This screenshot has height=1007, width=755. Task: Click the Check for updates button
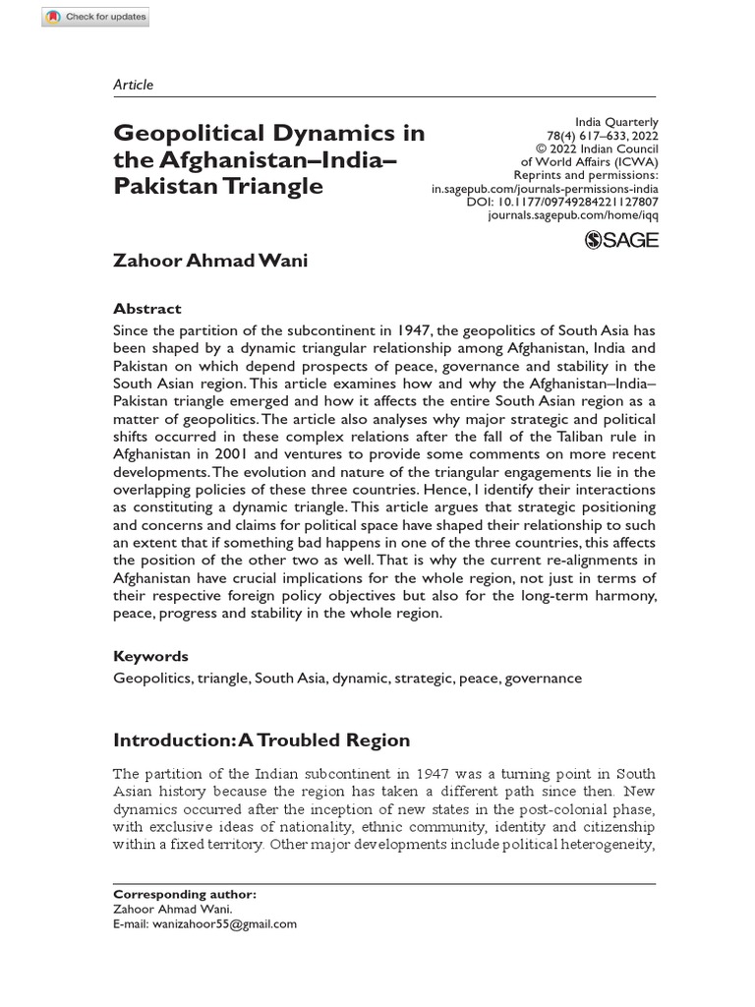(95, 18)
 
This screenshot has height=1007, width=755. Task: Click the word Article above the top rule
(134, 85)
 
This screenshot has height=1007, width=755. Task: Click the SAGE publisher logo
(621, 240)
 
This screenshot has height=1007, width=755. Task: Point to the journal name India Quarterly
(615, 123)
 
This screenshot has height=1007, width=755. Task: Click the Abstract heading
(147, 308)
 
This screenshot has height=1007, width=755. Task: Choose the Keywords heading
(151, 656)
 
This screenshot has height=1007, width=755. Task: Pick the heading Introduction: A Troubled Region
(261, 740)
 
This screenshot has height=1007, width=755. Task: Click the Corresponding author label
(185, 895)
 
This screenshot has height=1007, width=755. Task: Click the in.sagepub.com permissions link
(545, 187)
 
